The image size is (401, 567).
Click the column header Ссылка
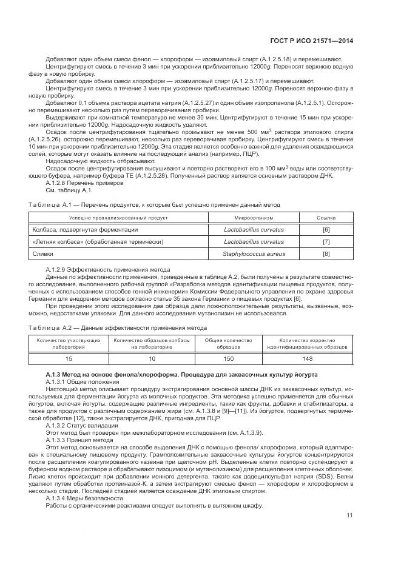click(326, 217)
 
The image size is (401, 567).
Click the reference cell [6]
click(326, 229)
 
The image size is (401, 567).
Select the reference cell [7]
click(326, 241)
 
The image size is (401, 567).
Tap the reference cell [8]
click(326, 253)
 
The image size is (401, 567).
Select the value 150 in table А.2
click(228, 358)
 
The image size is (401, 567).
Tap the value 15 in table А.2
click(69, 358)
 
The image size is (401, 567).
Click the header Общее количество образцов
click(228, 343)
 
